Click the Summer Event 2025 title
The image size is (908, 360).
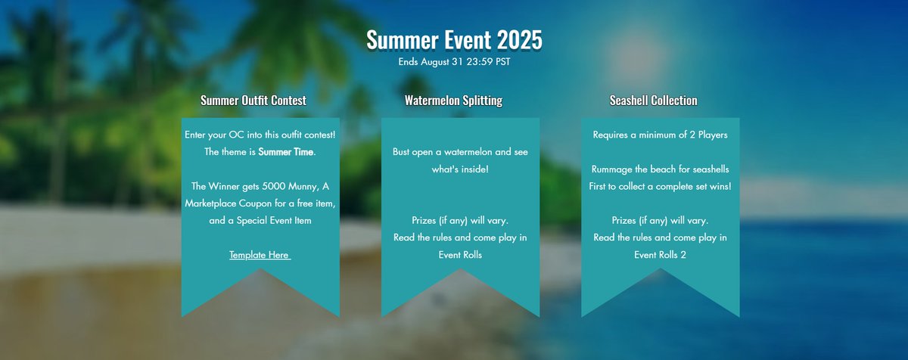(x=454, y=40)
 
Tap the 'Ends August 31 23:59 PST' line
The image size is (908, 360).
(x=454, y=61)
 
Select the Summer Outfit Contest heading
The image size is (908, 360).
(x=253, y=100)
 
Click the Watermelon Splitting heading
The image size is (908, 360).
(x=453, y=100)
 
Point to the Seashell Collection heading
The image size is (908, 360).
(x=654, y=100)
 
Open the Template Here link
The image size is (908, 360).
(x=260, y=255)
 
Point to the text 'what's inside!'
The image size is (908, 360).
(x=460, y=169)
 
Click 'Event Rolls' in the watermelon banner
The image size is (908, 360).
(x=460, y=255)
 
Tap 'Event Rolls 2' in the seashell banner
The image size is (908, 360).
(x=660, y=255)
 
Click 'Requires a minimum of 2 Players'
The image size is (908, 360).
(x=660, y=135)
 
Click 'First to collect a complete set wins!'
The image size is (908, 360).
(x=660, y=186)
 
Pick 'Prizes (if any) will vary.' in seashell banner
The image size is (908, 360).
(x=660, y=221)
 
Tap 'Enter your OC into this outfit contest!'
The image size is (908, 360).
(x=260, y=135)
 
